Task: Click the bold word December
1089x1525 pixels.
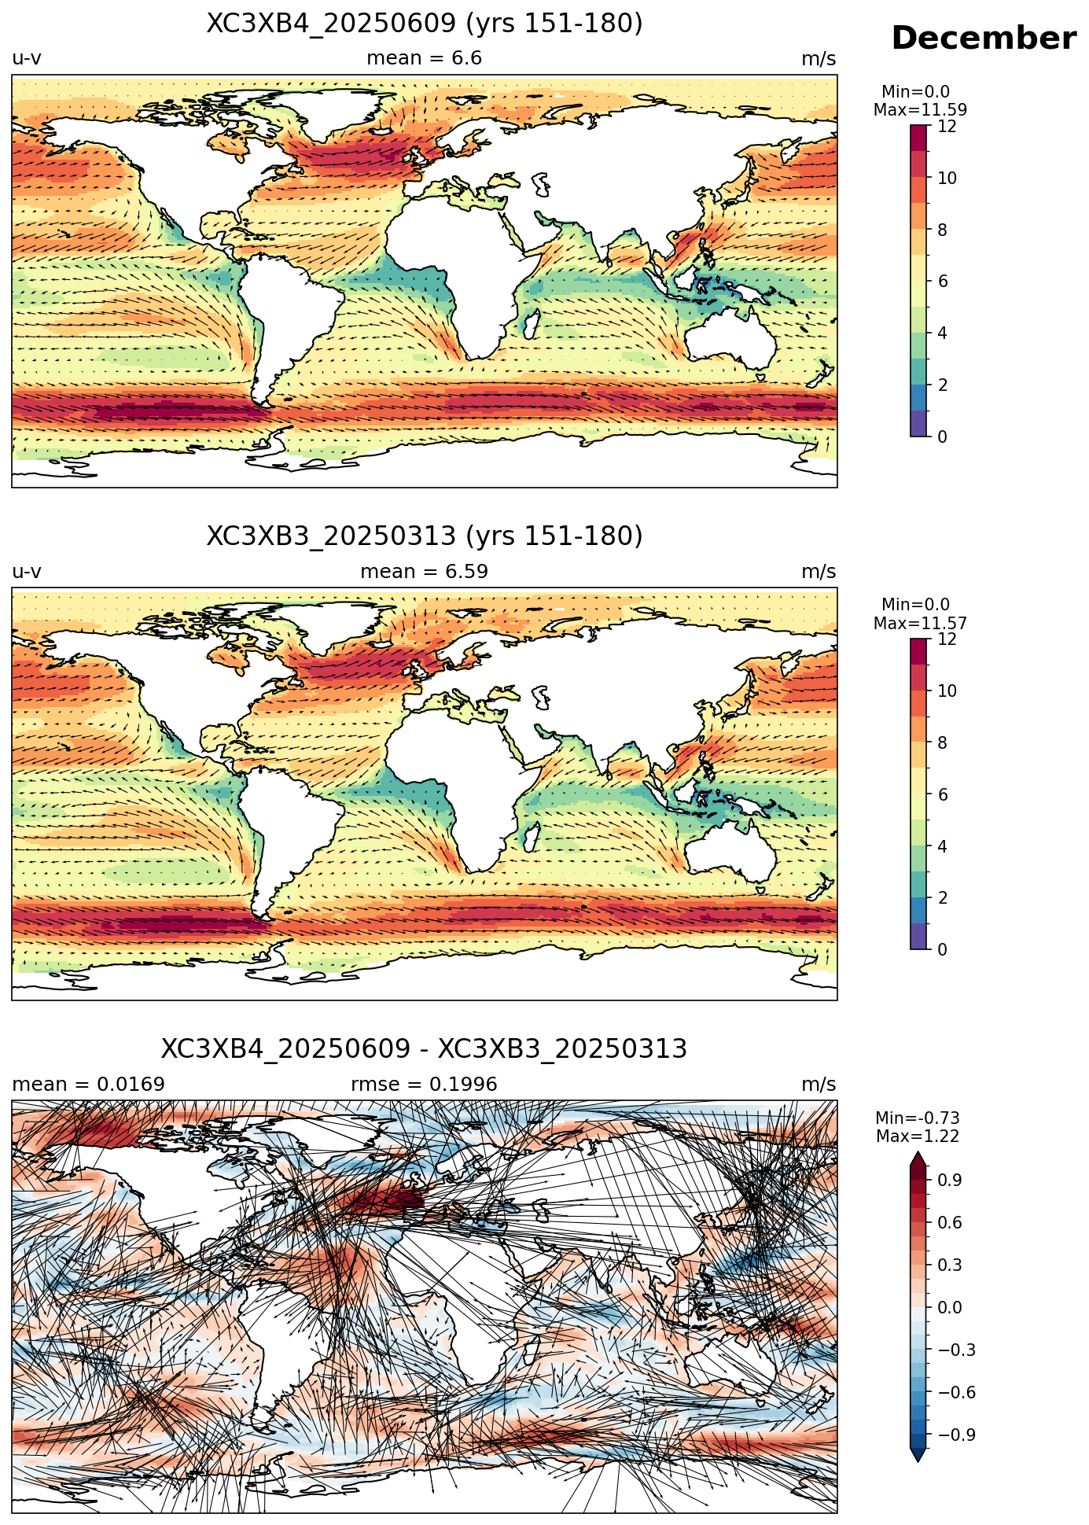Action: pyautogui.click(x=983, y=39)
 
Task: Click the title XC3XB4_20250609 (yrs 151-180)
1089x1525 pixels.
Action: pyautogui.click(x=425, y=24)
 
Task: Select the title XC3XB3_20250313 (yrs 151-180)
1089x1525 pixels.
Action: pyautogui.click(x=425, y=536)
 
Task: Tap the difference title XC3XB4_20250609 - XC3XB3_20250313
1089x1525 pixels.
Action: pyautogui.click(x=425, y=1049)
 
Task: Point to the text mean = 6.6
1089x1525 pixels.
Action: pyautogui.click(x=425, y=59)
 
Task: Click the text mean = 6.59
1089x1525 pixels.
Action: pyautogui.click(x=425, y=572)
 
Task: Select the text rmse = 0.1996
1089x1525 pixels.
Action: pyautogui.click(x=425, y=1085)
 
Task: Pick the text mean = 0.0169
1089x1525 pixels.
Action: pyautogui.click(x=89, y=1085)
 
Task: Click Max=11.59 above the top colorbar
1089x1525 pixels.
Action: pyautogui.click(x=920, y=110)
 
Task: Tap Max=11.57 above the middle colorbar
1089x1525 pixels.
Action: pyautogui.click(x=920, y=624)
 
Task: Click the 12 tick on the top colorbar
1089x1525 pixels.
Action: pyautogui.click(x=947, y=127)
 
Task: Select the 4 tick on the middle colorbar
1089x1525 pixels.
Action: pyautogui.click(x=943, y=846)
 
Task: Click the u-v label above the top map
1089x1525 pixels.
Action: pyautogui.click(x=27, y=59)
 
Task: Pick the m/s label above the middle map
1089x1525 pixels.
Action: pyautogui.click(x=819, y=572)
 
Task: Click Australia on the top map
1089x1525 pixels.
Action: pyautogui.click(x=730, y=338)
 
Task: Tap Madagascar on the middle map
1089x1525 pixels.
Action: pyautogui.click(x=531, y=836)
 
